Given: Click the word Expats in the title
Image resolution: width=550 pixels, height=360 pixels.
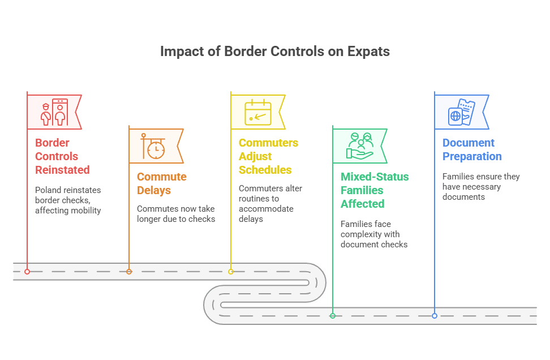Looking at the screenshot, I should point(369,52).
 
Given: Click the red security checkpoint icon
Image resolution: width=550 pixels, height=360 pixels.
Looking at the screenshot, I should point(54,112).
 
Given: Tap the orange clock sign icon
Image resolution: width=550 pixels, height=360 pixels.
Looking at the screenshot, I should point(153,147).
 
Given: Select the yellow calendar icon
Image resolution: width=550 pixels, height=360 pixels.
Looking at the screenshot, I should point(258,112).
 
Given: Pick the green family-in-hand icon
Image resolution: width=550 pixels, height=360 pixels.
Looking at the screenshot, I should point(360,146).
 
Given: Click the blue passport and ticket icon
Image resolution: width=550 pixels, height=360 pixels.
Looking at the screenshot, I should point(461,112).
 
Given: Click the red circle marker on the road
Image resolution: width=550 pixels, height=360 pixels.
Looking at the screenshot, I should point(27,272).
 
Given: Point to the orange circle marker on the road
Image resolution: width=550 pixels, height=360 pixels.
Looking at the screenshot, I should point(129,272).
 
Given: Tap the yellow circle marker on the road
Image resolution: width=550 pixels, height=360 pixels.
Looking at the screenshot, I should point(231,272).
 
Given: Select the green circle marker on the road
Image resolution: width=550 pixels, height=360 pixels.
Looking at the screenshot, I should point(333,316).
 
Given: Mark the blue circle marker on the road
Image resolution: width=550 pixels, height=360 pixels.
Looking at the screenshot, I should point(435,316).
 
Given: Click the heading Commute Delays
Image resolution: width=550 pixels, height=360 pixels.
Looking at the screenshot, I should point(161,183).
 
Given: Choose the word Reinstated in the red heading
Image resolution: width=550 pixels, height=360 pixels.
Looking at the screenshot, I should point(62,170).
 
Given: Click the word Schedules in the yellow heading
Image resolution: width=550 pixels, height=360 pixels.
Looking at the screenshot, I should point(265,170).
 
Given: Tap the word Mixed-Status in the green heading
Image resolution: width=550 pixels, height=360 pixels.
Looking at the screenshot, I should point(375,177).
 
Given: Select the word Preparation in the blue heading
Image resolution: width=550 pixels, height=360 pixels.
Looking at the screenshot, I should point(472,156).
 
